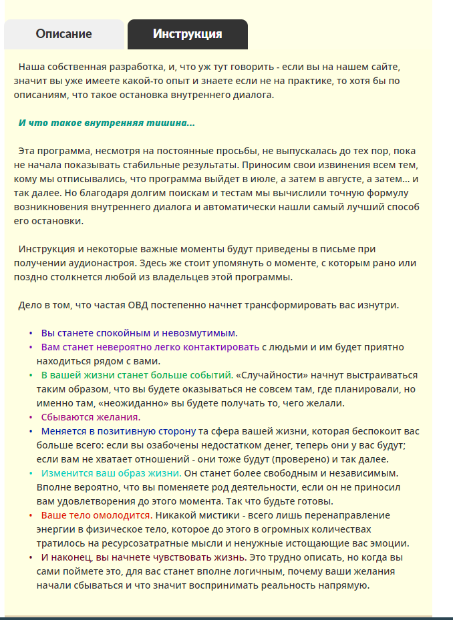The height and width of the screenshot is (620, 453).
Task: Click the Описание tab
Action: pos(64,34)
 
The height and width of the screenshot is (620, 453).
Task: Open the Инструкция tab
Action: pos(187,34)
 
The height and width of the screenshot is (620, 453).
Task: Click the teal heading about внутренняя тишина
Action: pos(107,123)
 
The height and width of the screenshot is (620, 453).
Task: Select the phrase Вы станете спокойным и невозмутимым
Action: pos(138,332)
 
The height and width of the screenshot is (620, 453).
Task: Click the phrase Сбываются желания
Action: pos(90,416)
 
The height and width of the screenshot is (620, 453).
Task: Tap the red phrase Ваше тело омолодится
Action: pos(96,515)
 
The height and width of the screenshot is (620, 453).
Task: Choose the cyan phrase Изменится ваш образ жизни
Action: pos(111,473)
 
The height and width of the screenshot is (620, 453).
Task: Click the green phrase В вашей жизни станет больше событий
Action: pos(136,375)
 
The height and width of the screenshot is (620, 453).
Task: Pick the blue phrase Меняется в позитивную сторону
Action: pos(118,431)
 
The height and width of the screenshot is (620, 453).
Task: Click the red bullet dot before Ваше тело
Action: pos(31,515)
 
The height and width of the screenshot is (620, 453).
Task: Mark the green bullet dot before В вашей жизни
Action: pos(31,375)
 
